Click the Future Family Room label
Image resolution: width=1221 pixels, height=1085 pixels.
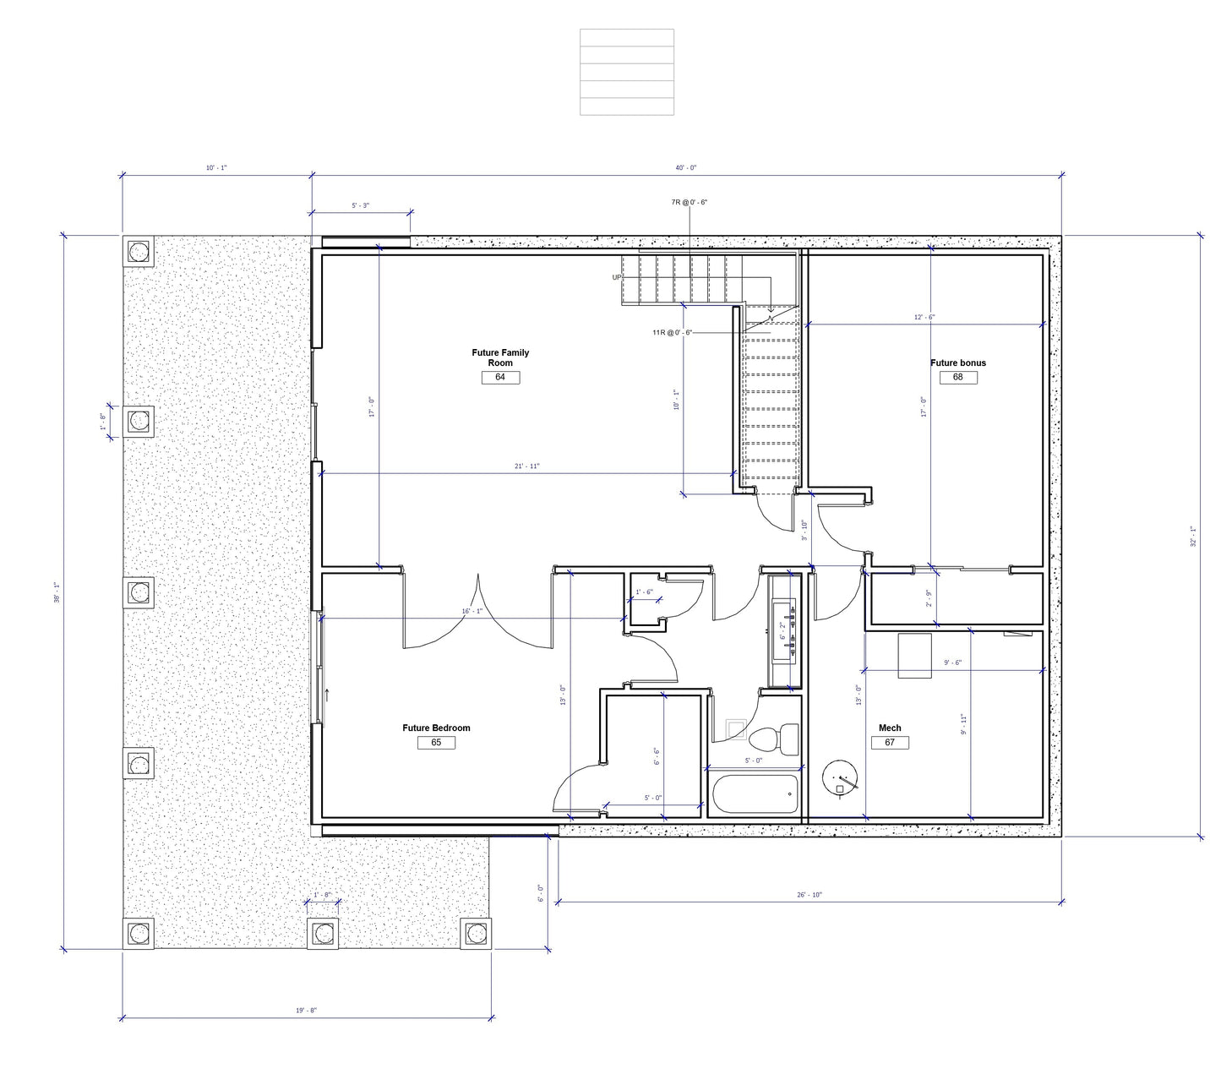click(x=499, y=357)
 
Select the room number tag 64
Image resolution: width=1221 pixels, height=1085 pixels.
click(x=500, y=378)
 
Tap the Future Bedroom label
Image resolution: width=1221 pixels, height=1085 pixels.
click(x=436, y=728)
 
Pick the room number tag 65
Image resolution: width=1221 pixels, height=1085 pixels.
click(x=436, y=743)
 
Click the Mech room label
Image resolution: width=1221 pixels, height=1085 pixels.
click(x=890, y=728)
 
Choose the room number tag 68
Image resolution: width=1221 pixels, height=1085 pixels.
click(x=958, y=378)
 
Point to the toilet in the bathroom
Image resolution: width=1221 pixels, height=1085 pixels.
click(x=774, y=739)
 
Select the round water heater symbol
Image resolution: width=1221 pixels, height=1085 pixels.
click(x=840, y=778)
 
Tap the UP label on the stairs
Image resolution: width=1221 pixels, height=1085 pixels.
click(x=617, y=277)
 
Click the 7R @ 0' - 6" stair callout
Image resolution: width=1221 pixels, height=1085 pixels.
click(x=690, y=202)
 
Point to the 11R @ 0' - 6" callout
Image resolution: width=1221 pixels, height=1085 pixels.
click(x=672, y=332)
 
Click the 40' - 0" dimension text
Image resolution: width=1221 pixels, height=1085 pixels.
click(x=686, y=167)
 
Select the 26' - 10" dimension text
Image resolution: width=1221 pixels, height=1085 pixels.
click(x=809, y=895)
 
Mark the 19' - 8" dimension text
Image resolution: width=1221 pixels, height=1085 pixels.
click(x=306, y=1011)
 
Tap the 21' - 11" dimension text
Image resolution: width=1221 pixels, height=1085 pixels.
click(x=527, y=466)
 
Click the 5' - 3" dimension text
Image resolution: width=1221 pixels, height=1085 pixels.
click(x=361, y=205)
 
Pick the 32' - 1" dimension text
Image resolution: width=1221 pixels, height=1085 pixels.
click(x=1192, y=537)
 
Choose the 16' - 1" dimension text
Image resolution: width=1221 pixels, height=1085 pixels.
click(x=472, y=611)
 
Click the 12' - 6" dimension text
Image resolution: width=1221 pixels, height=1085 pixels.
click(x=924, y=317)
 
